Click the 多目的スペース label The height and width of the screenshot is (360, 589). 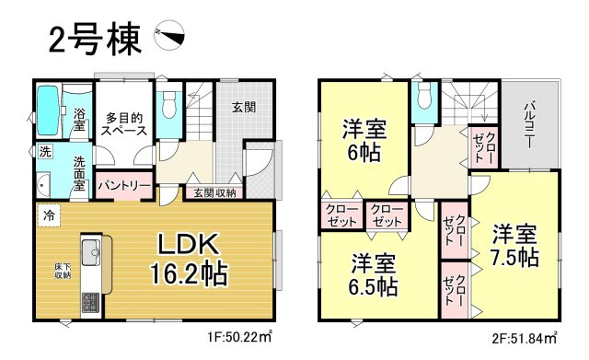tap(122, 123)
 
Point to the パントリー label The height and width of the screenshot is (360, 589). tap(123, 185)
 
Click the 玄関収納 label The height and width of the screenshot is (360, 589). tap(214, 192)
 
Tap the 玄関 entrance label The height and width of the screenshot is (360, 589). tap(245, 108)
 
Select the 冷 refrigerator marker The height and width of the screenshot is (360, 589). tap(47, 216)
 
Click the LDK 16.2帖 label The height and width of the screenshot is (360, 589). tap(190, 260)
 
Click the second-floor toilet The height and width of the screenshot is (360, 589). tap(424, 105)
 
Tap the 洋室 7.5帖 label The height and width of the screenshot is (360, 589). tap(514, 244)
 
